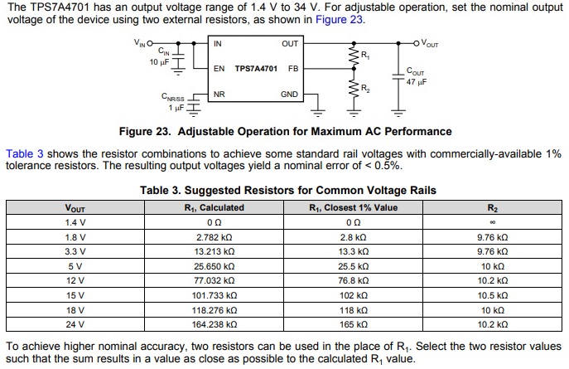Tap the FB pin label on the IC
293,68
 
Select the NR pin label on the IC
219,95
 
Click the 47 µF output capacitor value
417,82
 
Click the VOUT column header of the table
75,207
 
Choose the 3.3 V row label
75,250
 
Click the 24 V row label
75,323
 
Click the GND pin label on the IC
289,95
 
